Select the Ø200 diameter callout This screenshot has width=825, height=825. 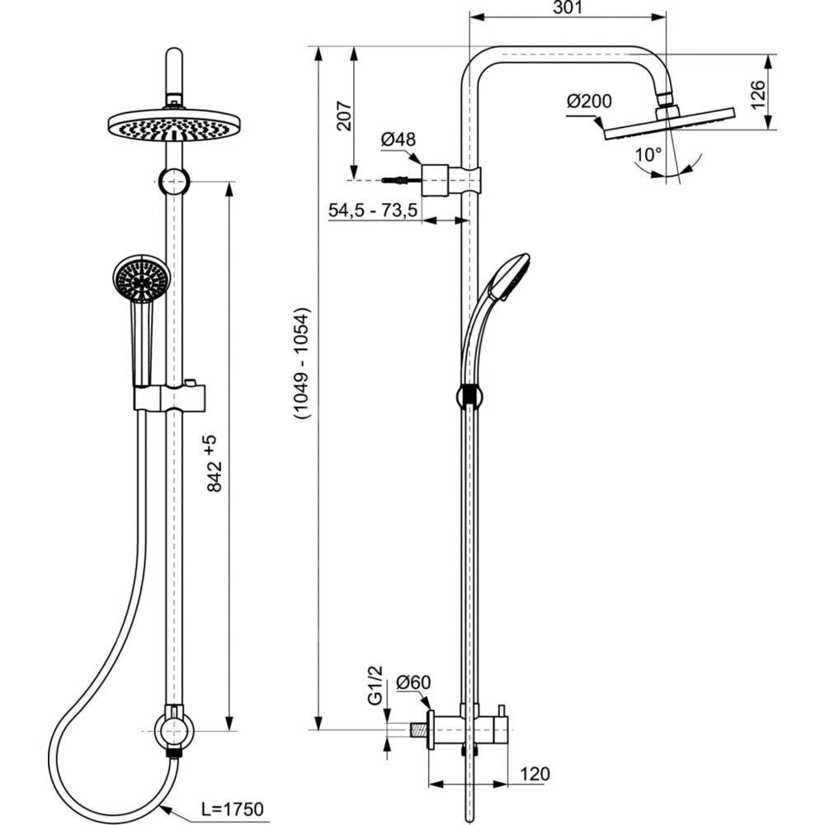click(x=589, y=101)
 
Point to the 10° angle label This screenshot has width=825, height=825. click(x=648, y=154)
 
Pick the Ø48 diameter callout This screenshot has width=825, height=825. click(x=398, y=140)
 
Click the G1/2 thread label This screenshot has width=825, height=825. click(x=375, y=686)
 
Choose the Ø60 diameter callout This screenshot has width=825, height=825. click(x=413, y=682)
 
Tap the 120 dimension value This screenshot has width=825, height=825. click(x=535, y=774)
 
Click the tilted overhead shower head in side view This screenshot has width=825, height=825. click(x=668, y=124)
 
